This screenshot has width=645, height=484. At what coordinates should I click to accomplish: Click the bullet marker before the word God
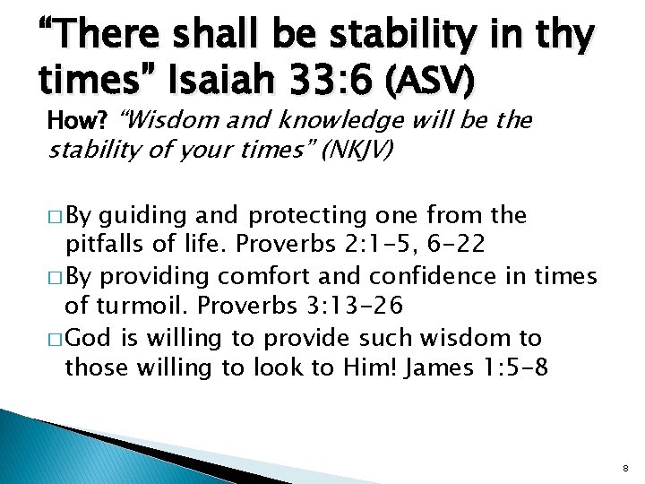coord(53,338)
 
